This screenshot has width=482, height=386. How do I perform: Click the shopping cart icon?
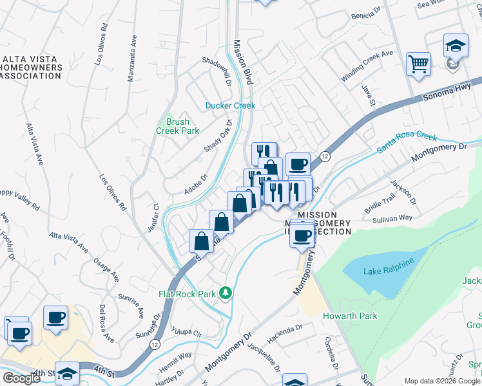click(x=419, y=64)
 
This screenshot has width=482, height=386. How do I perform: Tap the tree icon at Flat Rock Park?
click(x=226, y=293)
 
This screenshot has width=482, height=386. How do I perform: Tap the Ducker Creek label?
click(x=230, y=106)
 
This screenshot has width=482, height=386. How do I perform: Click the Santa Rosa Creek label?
click(x=407, y=143)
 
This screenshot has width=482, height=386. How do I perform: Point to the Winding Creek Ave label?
click(x=367, y=66)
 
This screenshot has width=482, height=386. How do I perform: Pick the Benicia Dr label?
click(x=367, y=15)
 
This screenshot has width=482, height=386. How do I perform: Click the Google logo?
click(x=21, y=378)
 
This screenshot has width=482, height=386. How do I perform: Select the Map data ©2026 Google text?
click(x=441, y=381)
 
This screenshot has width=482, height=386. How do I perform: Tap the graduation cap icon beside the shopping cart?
click(x=456, y=46)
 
